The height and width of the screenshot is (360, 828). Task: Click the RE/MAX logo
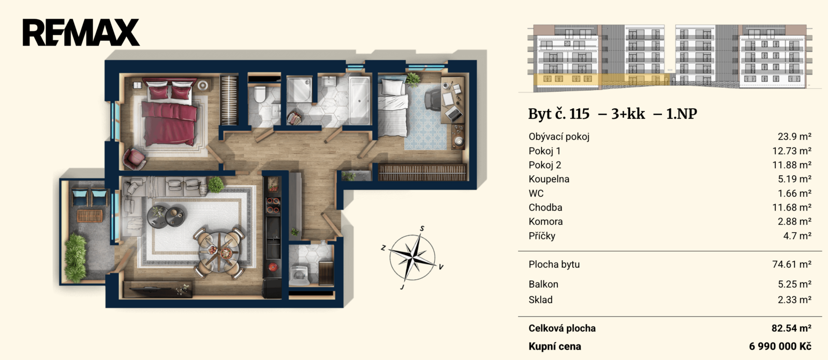81,33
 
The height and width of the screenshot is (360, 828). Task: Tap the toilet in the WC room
260,94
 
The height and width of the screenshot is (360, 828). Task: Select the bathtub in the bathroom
359,100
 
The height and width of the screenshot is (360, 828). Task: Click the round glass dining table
219,251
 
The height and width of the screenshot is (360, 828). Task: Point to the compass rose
412,257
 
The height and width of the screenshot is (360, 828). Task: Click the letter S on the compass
422,229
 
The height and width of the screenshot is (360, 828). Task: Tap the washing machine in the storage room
300,275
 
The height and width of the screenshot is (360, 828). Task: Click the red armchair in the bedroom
134,159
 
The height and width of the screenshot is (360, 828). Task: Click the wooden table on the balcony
90,216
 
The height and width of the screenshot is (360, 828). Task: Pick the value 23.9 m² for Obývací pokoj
794,137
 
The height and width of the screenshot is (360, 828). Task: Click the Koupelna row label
549,179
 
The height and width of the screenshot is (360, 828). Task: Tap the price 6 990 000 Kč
780,347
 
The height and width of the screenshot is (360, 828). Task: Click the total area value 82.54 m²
791,328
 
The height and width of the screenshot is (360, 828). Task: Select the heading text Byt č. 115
558,113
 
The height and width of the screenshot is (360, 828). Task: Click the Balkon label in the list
543,284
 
